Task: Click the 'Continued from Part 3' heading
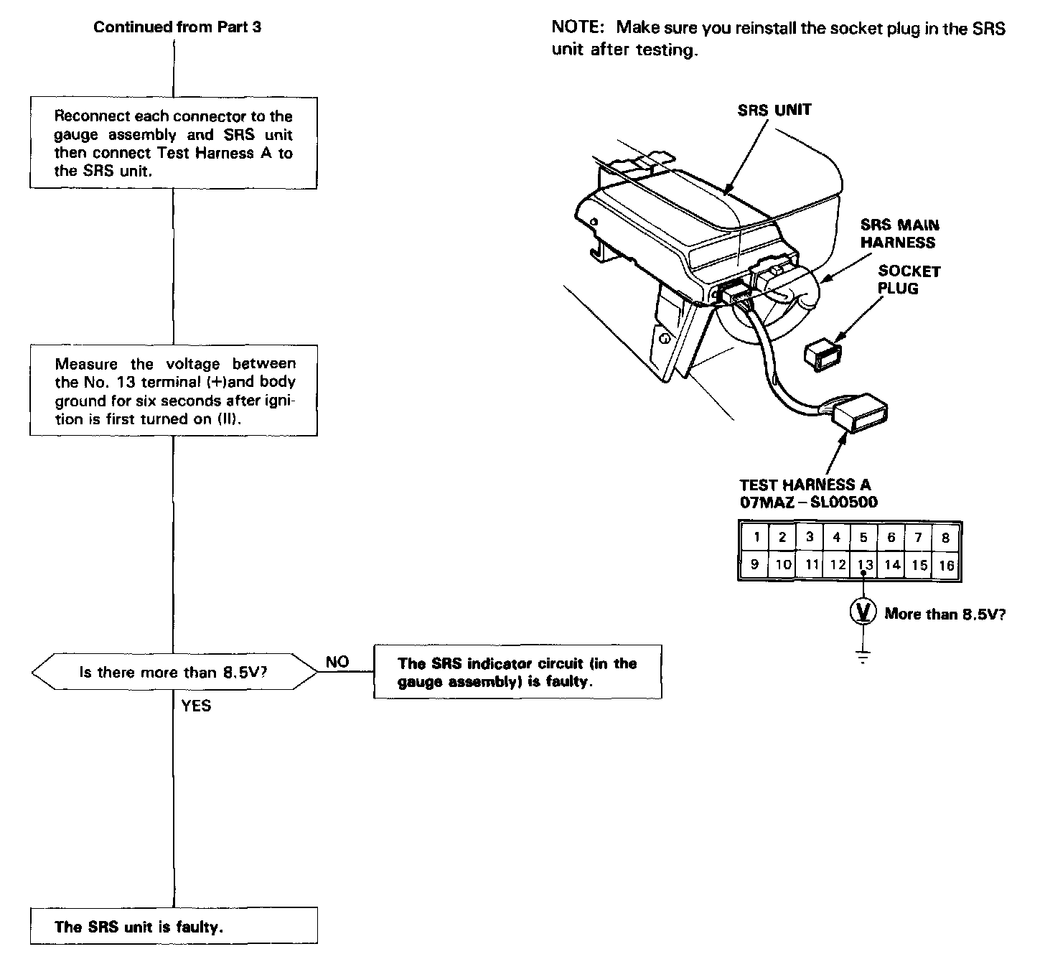(x=177, y=27)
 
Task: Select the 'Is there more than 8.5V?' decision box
(x=174, y=672)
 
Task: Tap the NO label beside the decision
(x=337, y=662)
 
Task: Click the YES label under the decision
(x=196, y=706)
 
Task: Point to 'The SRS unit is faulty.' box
(x=174, y=926)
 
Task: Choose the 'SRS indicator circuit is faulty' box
(x=517, y=672)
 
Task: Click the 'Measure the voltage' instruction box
(x=174, y=391)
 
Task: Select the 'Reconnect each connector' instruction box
(x=174, y=143)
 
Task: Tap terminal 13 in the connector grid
(x=865, y=564)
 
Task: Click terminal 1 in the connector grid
(x=756, y=537)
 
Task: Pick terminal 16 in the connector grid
(x=946, y=565)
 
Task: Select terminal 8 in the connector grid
(x=946, y=537)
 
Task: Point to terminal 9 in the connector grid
(x=754, y=564)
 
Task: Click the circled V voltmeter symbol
(x=863, y=612)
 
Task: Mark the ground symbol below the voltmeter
(x=863, y=656)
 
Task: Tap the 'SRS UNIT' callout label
(x=774, y=110)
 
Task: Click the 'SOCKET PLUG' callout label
(x=909, y=279)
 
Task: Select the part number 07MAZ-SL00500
(x=808, y=502)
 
